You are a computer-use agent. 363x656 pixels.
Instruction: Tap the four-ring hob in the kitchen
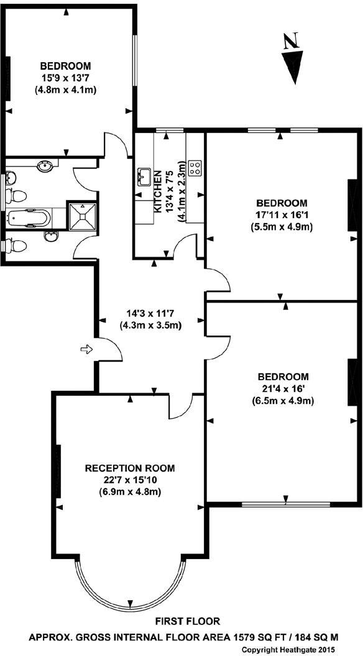[x=195, y=166]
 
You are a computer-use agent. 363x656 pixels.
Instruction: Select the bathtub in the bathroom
[x=29, y=219]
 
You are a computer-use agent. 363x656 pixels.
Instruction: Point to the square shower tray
[x=82, y=216]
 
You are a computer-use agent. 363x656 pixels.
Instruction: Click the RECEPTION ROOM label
[x=130, y=468]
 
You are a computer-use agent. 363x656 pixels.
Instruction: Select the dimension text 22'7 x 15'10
[x=130, y=480]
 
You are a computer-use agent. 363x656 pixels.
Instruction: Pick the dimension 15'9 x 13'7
[x=66, y=78]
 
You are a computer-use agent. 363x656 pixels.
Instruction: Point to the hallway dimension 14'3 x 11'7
[x=150, y=313]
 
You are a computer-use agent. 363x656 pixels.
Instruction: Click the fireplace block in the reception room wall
[x=58, y=471]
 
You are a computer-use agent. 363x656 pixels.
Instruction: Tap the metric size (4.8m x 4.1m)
[x=66, y=89]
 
